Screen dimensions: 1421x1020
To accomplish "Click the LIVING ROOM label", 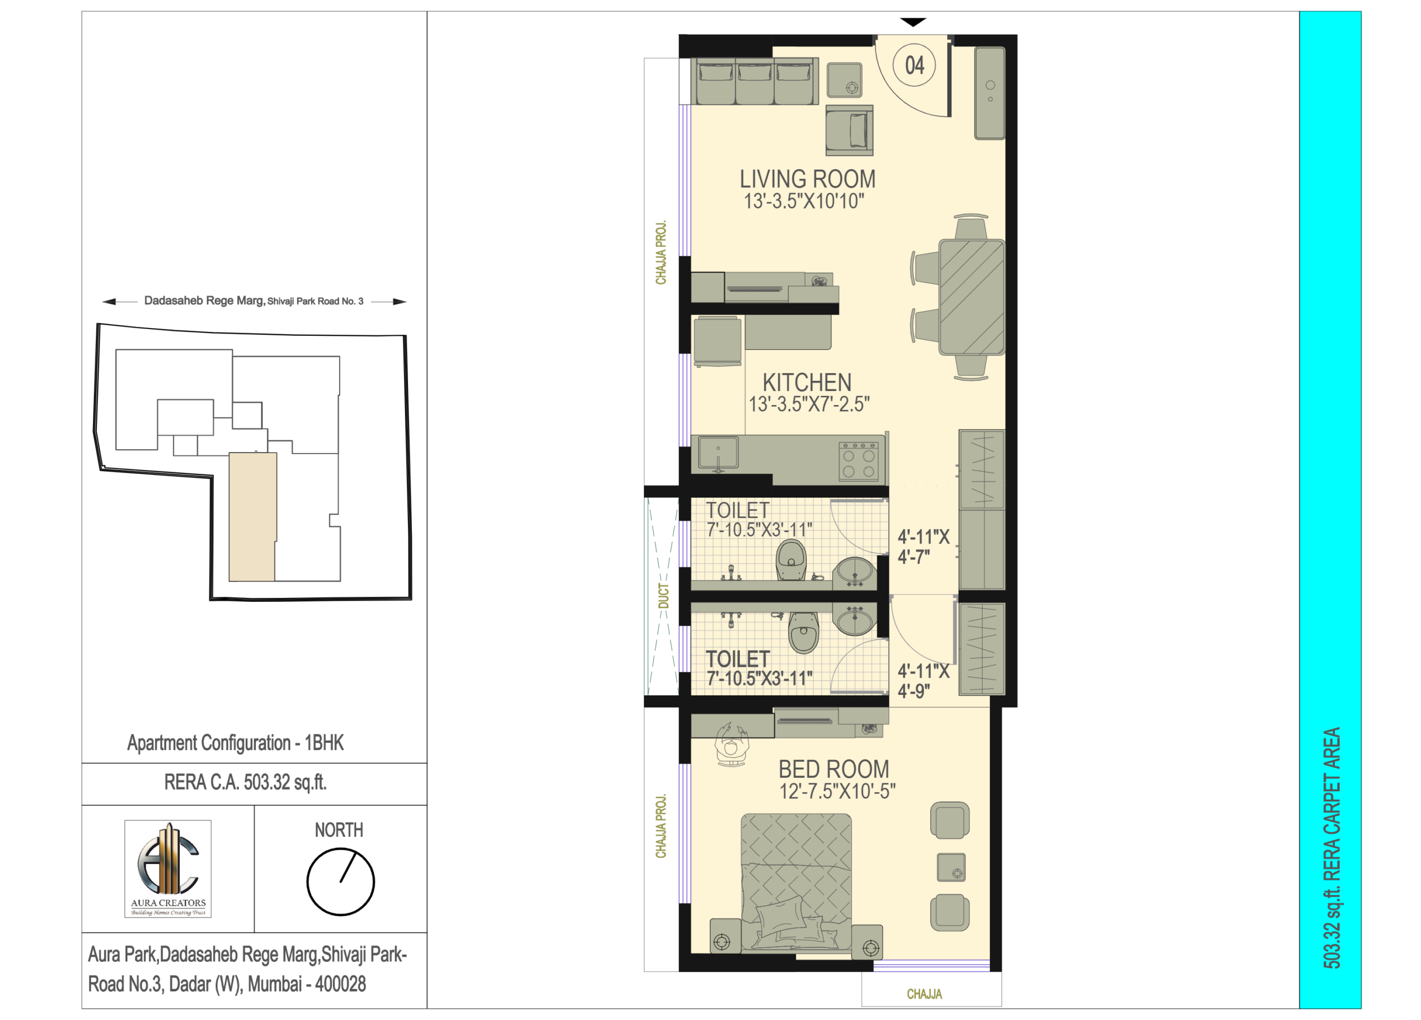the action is coord(807,179).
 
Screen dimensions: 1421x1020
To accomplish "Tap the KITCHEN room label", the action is coord(807,383).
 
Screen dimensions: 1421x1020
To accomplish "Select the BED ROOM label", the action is coord(834,769).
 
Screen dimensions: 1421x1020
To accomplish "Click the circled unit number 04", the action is coord(914,65).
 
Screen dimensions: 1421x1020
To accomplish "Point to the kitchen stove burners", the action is coord(859,462).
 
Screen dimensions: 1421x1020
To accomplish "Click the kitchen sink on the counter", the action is coord(718,453).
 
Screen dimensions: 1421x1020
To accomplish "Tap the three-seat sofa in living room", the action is coord(754,82).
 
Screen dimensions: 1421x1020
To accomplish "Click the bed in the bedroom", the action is coord(796,884).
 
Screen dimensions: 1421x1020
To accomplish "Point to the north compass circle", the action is coord(341,881).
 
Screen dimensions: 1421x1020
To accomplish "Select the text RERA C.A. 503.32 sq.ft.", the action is coord(246,783).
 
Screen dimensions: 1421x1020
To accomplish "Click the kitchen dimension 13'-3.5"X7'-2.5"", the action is coord(810,405).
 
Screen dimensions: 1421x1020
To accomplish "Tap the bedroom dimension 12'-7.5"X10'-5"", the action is coord(837,791).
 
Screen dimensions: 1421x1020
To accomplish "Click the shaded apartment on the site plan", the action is coord(252,517).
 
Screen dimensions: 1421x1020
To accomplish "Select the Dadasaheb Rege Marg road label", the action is coord(254,301).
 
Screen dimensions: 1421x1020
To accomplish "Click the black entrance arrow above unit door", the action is coord(913,23).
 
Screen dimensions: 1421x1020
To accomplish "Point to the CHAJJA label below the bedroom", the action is coord(925,994).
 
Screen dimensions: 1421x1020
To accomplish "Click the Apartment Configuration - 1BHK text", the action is coord(236,743).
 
